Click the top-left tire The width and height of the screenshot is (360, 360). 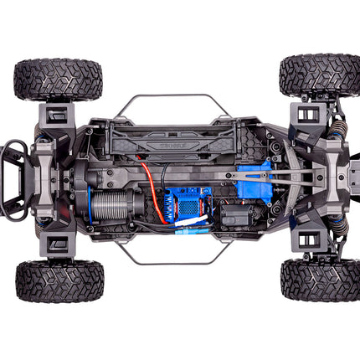coord(58,80)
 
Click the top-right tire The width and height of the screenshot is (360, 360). coord(319,75)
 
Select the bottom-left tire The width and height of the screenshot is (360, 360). coord(59,280)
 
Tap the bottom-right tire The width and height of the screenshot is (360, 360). coord(320,280)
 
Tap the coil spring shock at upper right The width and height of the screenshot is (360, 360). coord(337,126)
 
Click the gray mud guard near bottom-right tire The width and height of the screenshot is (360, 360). coord(308,242)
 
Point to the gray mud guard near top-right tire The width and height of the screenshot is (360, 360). coord(306,113)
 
